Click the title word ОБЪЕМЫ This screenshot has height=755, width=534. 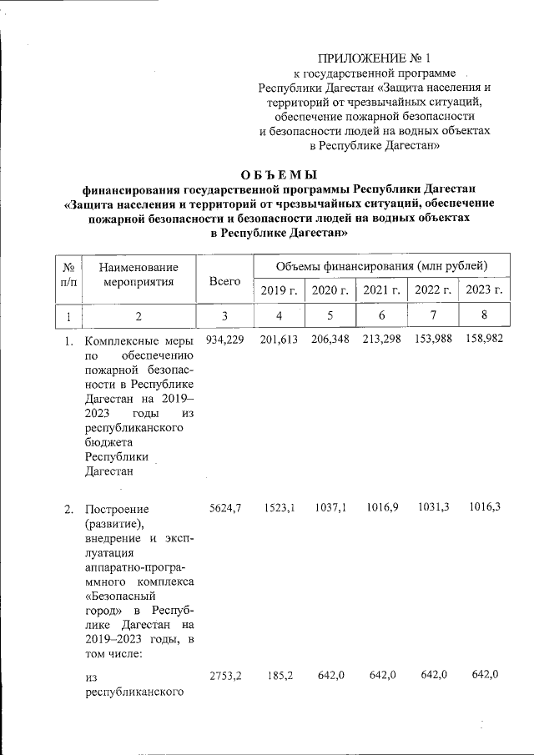coord(280,174)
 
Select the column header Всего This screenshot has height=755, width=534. coord(224,282)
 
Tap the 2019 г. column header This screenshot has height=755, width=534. coord(279,290)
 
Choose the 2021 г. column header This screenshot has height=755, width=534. coord(381,290)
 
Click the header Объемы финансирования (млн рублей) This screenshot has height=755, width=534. coord(381,266)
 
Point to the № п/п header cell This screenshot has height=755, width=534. coord(70,274)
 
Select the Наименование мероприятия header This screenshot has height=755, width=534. coord(139,274)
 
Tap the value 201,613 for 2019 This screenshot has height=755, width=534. coord(279,340)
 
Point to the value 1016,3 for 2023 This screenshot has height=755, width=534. coord(485,508)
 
